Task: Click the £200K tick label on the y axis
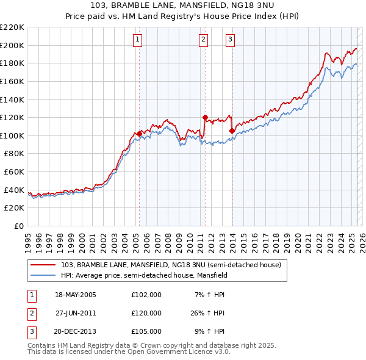(12, 45)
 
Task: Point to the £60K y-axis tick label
(14, 172)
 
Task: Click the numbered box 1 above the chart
(138, 40)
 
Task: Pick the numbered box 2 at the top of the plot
(203, 40)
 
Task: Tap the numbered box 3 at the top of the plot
(230, 40)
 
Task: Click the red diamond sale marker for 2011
(205, 117)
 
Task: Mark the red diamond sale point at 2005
(140, 134)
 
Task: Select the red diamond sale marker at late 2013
(232, 131)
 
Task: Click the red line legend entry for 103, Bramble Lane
(171, 265)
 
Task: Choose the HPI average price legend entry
(143, 276)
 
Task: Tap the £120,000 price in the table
(146, 313)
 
